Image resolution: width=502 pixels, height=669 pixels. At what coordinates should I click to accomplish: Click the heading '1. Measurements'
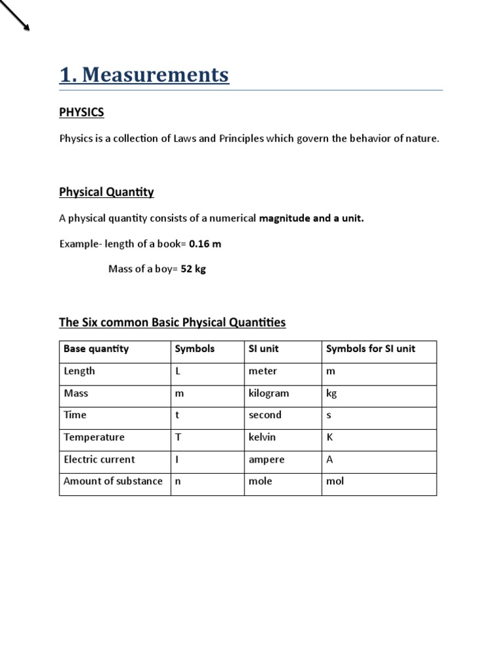click(144, 76)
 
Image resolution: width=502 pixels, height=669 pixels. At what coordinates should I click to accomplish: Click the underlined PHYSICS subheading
click(82, 112)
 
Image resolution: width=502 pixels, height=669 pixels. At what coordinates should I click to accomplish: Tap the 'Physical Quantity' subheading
click(107, 192)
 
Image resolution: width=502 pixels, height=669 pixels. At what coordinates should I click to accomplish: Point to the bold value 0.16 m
click(205, 244)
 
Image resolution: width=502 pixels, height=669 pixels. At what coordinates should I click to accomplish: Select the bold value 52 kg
click(193, 269)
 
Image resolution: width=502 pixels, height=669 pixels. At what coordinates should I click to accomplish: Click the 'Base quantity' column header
click(96, 349)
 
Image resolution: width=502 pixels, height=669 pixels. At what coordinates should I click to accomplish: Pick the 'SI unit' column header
click(263, 349)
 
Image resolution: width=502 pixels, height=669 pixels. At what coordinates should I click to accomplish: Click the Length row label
click(79, 371)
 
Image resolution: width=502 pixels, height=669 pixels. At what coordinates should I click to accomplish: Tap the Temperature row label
click(94, 437)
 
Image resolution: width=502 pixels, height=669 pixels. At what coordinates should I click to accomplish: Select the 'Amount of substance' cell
click(113, 481)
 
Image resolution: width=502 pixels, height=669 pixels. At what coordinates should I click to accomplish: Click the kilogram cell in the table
click(269, 393)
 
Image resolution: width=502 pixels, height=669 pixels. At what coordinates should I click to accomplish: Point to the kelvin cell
click(262, 437)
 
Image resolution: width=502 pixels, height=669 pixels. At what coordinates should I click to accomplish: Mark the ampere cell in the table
click(267, 459)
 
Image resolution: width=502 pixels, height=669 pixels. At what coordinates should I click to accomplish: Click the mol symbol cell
click(335, 481)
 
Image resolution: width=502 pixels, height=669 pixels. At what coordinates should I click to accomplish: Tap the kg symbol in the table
click(331, 393)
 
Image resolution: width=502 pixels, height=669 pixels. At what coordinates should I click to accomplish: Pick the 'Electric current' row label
click(99, 459)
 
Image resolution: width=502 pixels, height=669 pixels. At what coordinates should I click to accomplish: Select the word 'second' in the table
click(265, 415)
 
